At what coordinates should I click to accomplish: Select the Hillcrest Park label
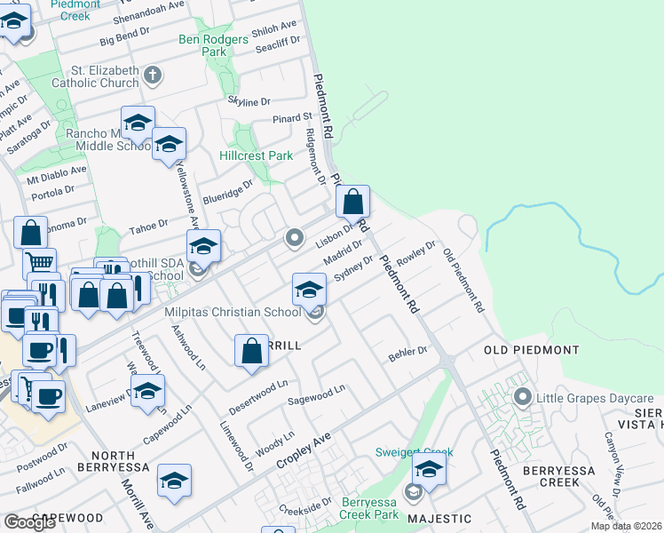tap(256, 155)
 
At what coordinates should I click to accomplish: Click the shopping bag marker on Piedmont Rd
tap(352, 203)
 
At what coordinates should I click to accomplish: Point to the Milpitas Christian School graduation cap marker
tap(308, 290)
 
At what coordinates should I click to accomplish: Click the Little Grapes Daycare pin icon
tap(523, 398)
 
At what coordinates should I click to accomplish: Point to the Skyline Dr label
tap(248, 101)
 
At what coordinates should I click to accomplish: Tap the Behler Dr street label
tap(407, 354)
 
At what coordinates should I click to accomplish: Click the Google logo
tap(28, 522)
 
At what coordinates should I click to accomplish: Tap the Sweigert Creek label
tap(409, 451)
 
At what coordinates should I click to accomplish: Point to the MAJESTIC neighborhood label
tap(439, 518)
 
